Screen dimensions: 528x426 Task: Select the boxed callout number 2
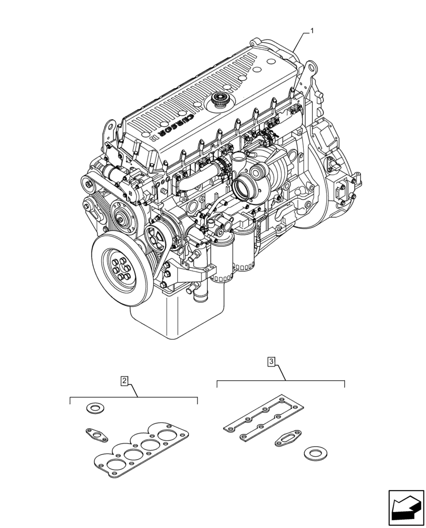click(x=124, y=380)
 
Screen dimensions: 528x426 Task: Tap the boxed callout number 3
click(x=271, y=362)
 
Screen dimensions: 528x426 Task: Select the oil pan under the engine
click(x=174, y=317)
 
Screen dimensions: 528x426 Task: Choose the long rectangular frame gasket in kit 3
click(x=264, y=412)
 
